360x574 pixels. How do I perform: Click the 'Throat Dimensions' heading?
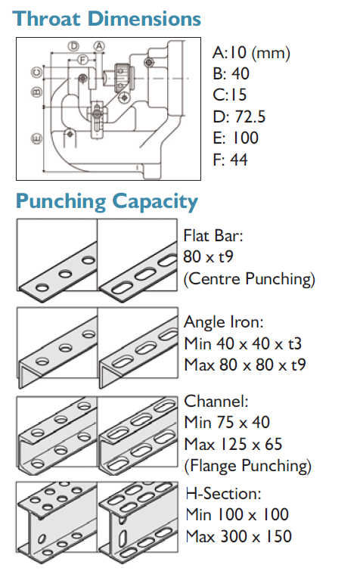coord(107,19)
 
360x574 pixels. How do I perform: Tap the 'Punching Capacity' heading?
coord(107,202)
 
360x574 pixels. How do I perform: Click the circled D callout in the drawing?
coord(74,46)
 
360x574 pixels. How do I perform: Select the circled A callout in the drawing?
coord(99,46)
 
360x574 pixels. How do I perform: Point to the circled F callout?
coord(83,59)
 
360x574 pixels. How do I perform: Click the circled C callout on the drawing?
coord(36,72)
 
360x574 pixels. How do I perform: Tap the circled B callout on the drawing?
coord(36,92)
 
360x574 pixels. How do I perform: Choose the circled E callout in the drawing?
coord(36,138)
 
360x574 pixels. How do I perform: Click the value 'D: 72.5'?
coord(239,116)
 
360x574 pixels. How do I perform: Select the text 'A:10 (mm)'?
coord(251,53)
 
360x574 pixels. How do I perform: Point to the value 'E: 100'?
coord(236,138)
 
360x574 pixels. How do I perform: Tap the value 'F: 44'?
coord(231,160)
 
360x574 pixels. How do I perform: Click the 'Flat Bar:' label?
coord(213,236)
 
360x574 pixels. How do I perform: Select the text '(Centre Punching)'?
coord(249,278)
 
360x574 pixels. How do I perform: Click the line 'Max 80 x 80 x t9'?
coord(245,365)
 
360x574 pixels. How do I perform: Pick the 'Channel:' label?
coord(216,402)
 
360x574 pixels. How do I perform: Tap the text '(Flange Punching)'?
coord(248,466)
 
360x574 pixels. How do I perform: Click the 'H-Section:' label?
coord(223,494)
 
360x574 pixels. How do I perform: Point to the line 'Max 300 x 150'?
coord(239,536)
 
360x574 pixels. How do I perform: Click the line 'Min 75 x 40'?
coord(227,423)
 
